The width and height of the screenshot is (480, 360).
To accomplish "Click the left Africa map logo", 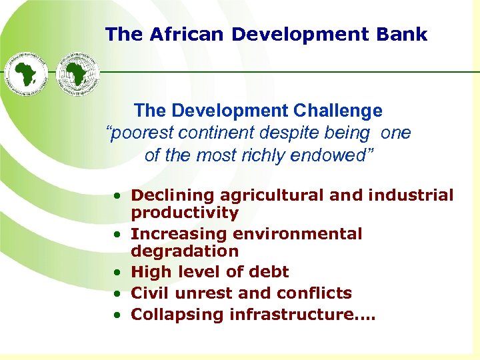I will click(x=27, y=73).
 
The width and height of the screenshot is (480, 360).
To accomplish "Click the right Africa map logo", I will click(x=76, y=73).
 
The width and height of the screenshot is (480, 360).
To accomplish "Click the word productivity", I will click(x=185, y=213).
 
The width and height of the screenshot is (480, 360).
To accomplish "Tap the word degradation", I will click(x=185, y=251).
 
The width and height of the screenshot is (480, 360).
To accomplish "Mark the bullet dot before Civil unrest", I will click(x=117, y=293).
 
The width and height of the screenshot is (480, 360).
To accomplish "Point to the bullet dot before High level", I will click(x=117, y=272).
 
